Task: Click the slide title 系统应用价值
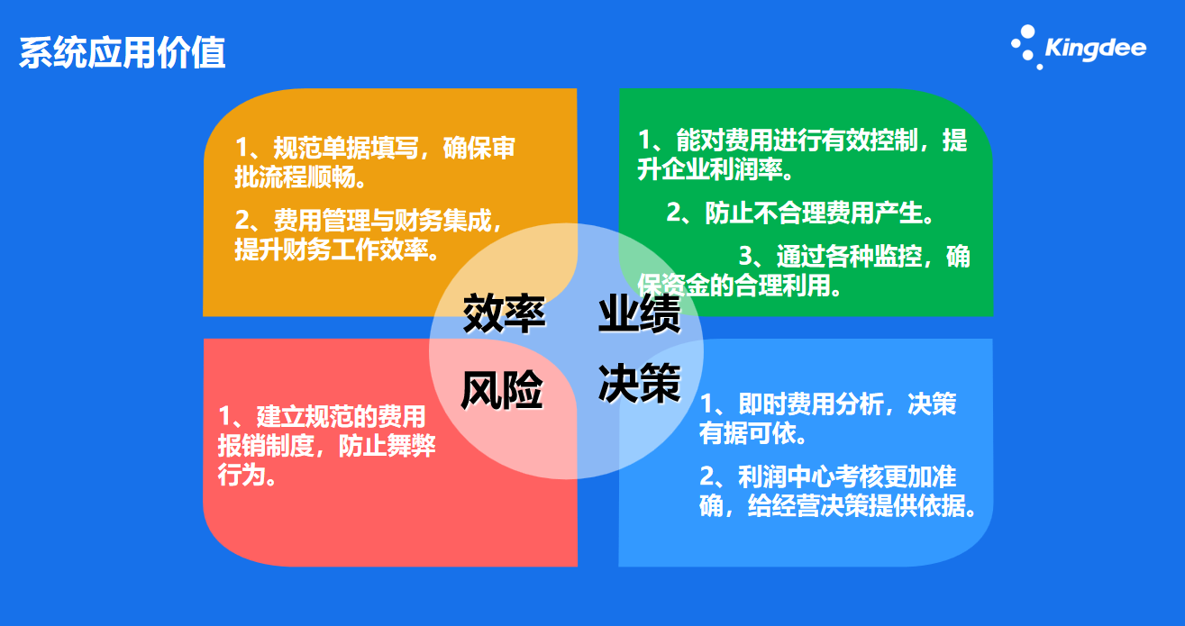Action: tap(123, 53)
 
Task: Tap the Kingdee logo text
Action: tap(1096, 48)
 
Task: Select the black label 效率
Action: tap(504, 314)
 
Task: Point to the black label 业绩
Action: tap(640, 314)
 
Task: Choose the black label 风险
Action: tap(502, 390)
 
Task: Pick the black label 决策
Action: tap(640, 384)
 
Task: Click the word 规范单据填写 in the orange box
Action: tap(346, 148)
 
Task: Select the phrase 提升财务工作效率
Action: tap(332, 249)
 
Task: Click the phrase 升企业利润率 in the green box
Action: tap(709, 169)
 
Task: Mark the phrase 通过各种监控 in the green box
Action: tap(849, 257)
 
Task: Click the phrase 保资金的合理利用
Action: tap(734, 286)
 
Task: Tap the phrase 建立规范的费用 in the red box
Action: tap(342, 417)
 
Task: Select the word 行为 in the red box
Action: tap(242, 475)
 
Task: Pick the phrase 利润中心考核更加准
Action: tap(847, 476)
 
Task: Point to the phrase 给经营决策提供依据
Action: tap(856, 506)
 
